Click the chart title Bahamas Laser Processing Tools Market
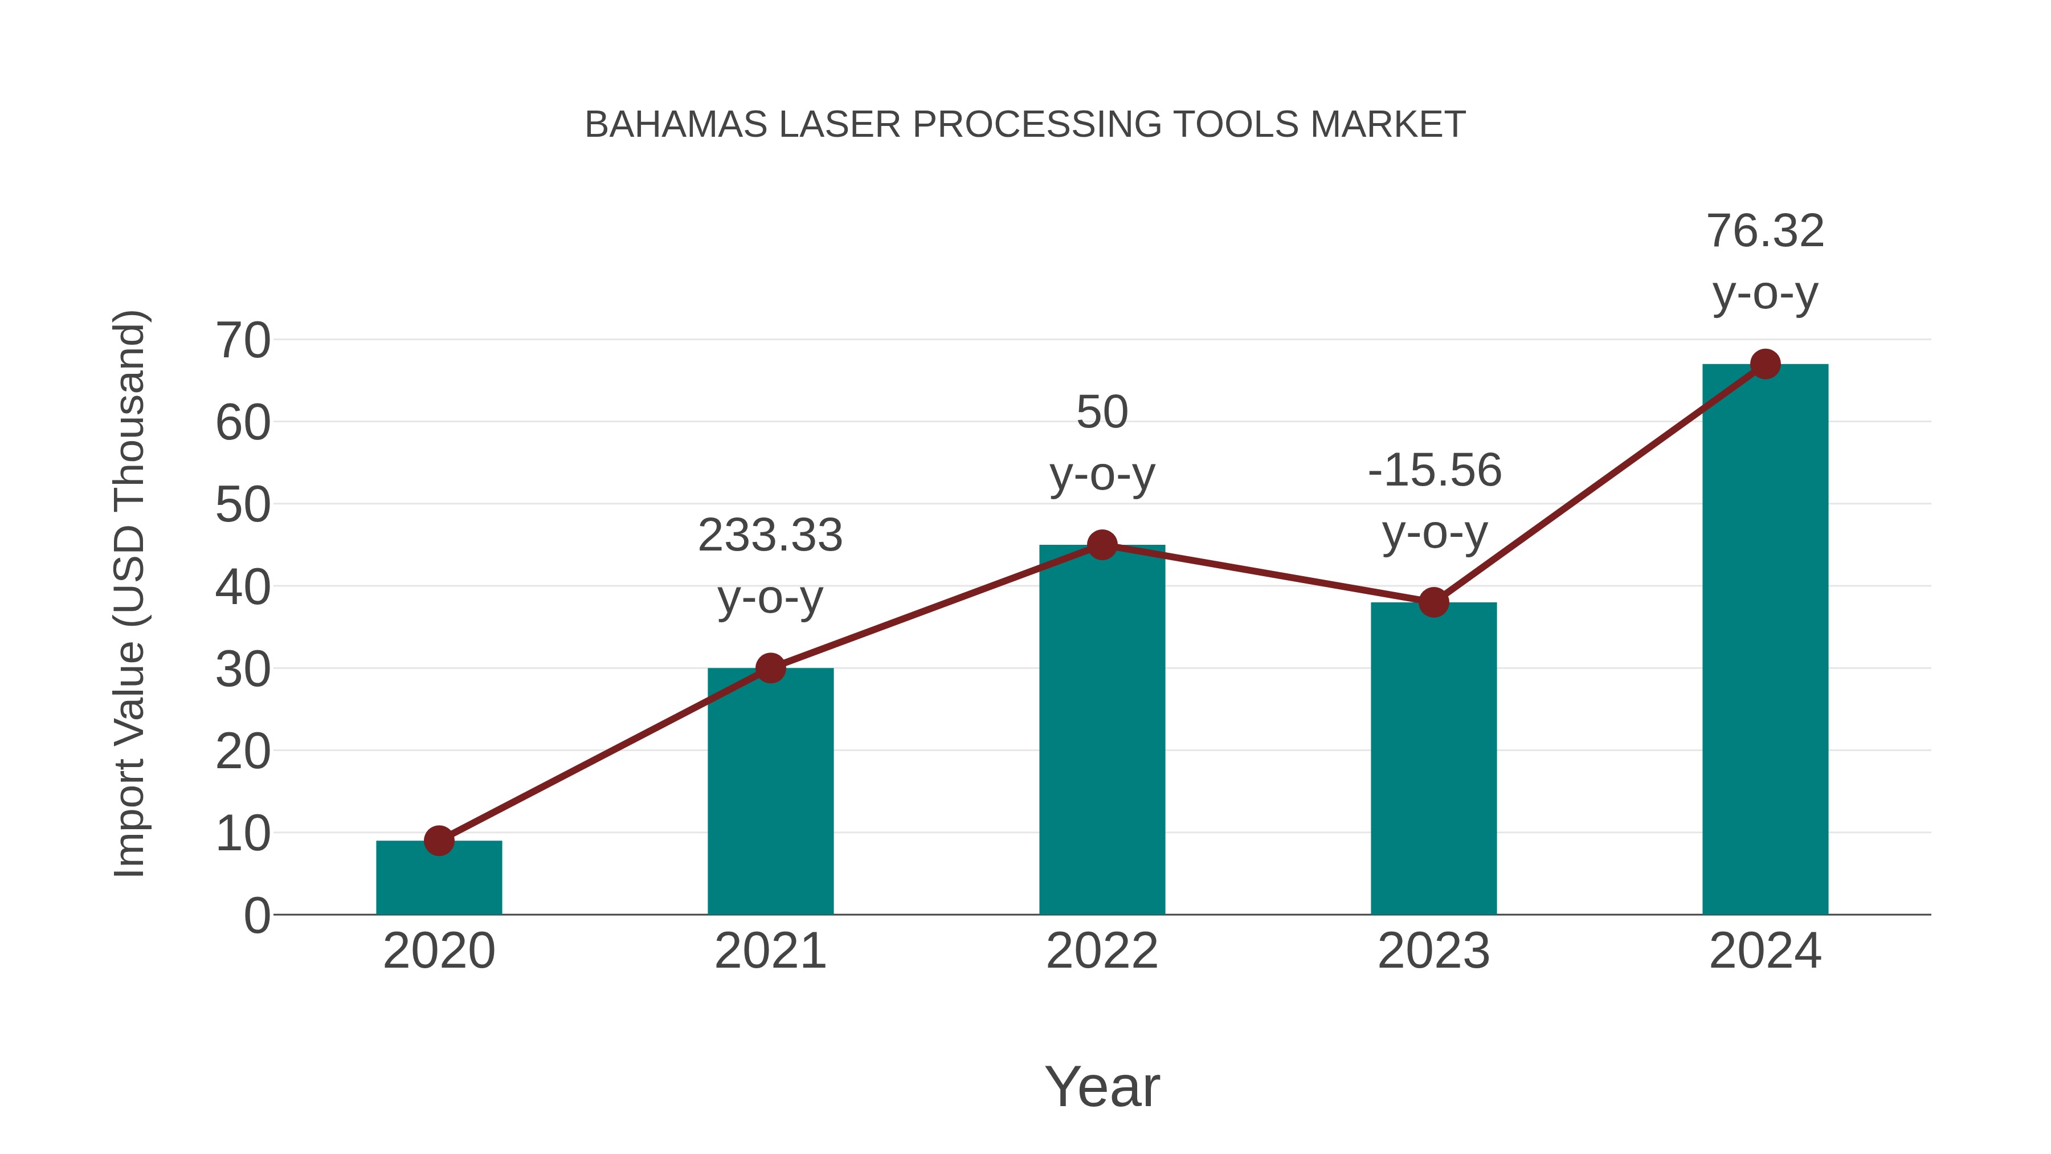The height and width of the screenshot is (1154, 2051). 1025,125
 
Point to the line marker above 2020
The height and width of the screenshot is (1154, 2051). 439,840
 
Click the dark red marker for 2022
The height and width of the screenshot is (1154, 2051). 1102,545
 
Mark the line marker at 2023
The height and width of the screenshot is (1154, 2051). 1433,602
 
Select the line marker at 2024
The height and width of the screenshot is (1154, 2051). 1765,364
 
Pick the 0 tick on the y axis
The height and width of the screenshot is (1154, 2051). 256,915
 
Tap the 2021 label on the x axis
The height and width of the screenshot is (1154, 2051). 770,951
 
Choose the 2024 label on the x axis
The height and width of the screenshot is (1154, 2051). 1765,951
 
